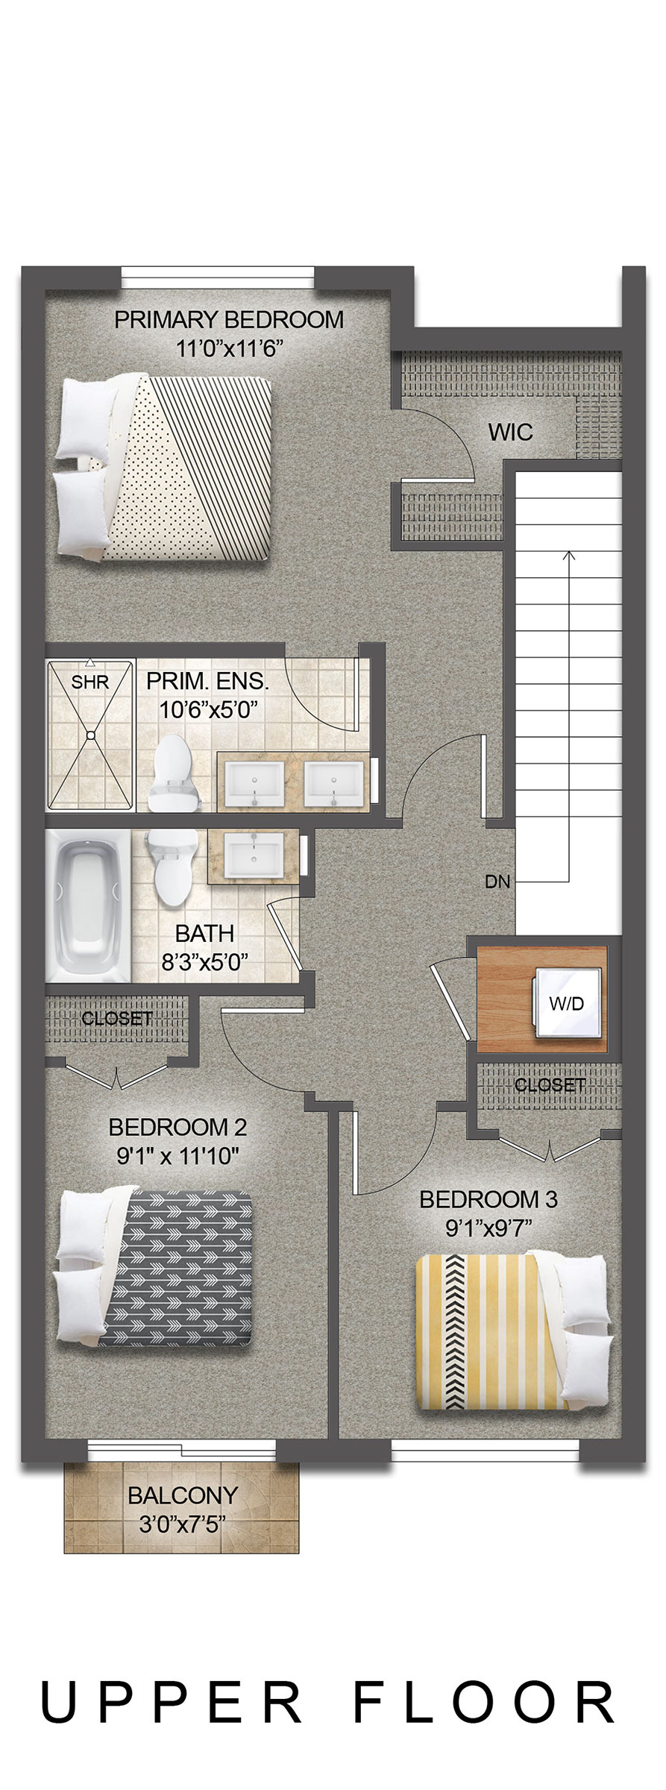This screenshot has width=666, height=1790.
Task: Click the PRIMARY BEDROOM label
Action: click(229, 319)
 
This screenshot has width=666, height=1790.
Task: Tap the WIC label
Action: click(510, 432)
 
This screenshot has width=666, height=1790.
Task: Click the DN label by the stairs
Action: click(497, 882)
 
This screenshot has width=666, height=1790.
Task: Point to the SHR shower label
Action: click(90, 682)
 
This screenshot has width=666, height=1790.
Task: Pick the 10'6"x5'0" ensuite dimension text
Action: click(209, 708)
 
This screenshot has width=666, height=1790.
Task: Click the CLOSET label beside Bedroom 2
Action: click(117, 1018)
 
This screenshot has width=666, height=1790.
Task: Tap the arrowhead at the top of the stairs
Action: click(568, 556)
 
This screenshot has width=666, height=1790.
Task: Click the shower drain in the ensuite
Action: click(90, 735)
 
